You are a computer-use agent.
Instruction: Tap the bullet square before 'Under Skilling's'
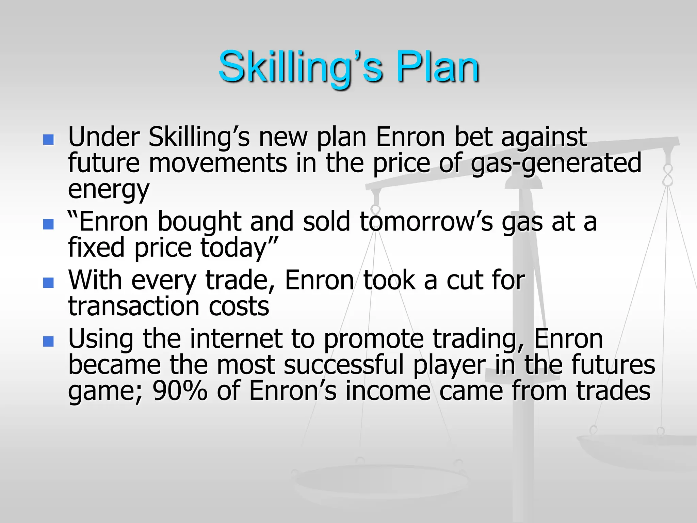pos(49,140)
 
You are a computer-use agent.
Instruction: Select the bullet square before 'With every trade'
pos(49,283)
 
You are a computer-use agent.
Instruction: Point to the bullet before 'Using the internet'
pos(49,341)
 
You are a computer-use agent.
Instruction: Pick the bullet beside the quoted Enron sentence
pos(49,224)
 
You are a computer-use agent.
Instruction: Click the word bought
pos(199,222)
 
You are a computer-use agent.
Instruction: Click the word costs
pos(239,306)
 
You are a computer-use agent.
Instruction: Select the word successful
pos(343,365)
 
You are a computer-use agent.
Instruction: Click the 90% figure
pos(180,391)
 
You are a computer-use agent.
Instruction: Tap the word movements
pos(218,163)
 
